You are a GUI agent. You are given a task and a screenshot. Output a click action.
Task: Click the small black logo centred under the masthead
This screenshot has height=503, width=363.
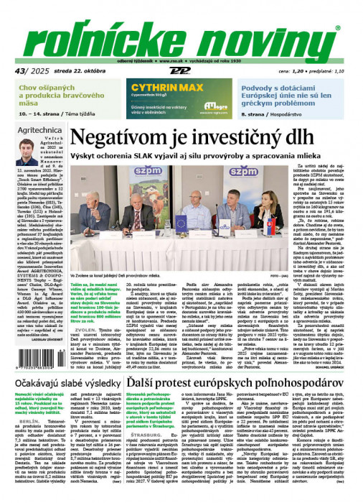(x=181, y=71)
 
